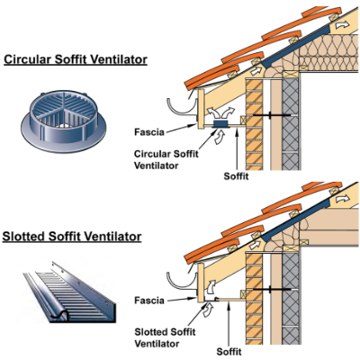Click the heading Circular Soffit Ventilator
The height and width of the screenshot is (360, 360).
click(x=76, y=59)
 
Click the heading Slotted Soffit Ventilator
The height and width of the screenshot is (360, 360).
click(x=72, y=237)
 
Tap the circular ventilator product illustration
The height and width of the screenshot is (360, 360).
click(x=64, y=120)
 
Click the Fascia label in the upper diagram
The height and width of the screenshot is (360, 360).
click(x=149, y=132)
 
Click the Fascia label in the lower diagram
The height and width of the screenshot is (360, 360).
click(x=149, y=301)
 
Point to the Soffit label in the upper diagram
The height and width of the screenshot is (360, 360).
click(x=236, y=176)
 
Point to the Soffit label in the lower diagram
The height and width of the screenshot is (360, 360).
click(x=229, y=351)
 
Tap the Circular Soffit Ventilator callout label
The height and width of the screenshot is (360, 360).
click(x=166, y=159)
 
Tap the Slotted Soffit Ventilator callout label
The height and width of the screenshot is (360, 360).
click(x=165, y=337)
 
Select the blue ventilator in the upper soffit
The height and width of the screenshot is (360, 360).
click(x=220, y=124)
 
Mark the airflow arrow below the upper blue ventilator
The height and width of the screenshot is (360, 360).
click(x=220, y=138)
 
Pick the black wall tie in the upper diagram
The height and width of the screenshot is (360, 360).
click(x=271, y=115)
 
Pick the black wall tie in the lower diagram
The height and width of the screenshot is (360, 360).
click(x=271, y=290)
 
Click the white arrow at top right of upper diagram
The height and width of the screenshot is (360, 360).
click(x=342, y=25)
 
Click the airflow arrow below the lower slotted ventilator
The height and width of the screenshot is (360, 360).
click(x=208, y=310)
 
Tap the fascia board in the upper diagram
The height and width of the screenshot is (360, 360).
click(x=201, y=109)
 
